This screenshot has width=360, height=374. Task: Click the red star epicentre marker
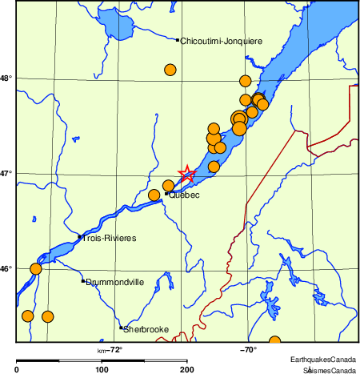(x=186, y=174)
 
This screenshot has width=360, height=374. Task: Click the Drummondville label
(x=114, y=282)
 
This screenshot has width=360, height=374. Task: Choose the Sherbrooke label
(x=146, y=329)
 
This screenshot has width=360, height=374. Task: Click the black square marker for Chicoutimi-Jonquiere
(x=177, y=39)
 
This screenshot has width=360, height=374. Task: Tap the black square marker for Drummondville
(x=82, y=280)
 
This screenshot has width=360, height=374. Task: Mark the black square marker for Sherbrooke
(x=121, y=328)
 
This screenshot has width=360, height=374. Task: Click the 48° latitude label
(x=6, y=78)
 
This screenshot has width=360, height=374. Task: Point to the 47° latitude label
(x=6, y=173)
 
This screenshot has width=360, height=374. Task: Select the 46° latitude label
(x=6, y=268)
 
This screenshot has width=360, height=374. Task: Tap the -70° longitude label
(x=247, y=349)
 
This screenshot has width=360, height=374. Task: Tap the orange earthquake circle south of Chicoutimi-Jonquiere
(x=170, y=70)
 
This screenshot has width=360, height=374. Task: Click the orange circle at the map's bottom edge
(x=274, y=341)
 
